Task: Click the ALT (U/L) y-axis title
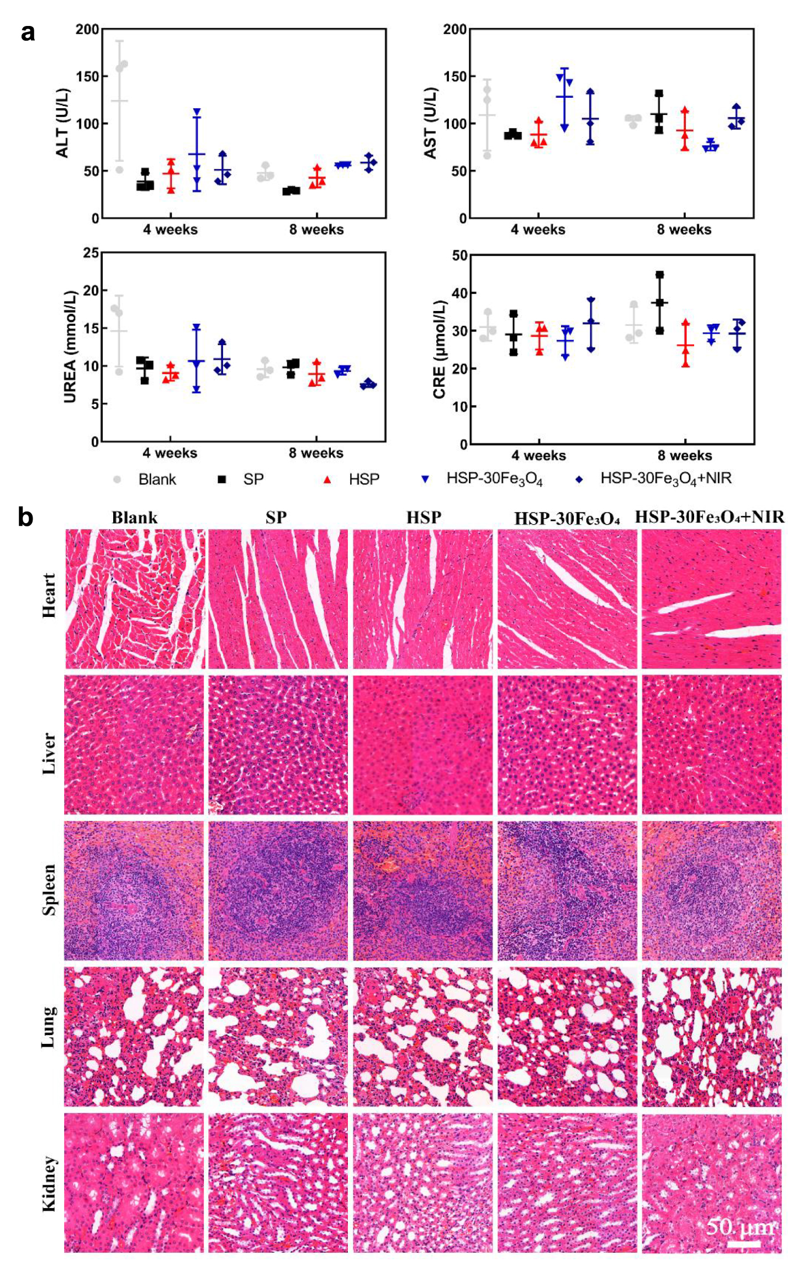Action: [x=63, y=123]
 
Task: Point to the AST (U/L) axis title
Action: [x=431, y=123]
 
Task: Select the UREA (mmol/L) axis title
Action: [x=70, y=346]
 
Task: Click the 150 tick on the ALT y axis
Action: [x=87, y=76]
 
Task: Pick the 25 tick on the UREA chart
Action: [x=91, y=253]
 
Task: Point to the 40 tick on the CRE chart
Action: [x=459, y=293]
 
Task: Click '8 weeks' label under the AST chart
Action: [x=684, y=229]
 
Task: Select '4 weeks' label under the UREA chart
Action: [x=170, y=453]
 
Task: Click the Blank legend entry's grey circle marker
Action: [x=117, y=479]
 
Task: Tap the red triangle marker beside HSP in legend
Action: [x=327, y=479]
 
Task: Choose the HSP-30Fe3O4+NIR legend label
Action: [x=666, y=479]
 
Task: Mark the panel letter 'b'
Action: [x=26, y=517]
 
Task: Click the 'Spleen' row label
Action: [x=49, y=890]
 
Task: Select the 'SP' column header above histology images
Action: [x=276, y=518]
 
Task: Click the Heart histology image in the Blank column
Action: [x=135, y=599]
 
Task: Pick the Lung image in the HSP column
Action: [x=423, y=1037]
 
